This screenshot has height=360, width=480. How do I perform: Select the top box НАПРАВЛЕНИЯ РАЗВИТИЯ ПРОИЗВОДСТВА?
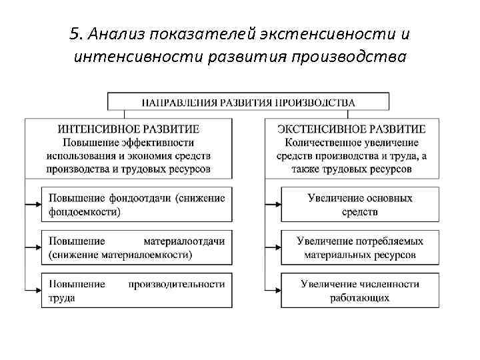point(248,102)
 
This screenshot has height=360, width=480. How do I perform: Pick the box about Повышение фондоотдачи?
point(137,204)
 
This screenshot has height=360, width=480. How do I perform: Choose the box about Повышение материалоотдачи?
point(137,247)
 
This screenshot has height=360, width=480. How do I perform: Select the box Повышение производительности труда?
point(137,291)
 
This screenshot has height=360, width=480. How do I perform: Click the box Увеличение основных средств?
point(360,204)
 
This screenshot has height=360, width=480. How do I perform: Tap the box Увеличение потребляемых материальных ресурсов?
point(360,247)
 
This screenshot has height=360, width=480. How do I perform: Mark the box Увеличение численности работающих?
point(360,291)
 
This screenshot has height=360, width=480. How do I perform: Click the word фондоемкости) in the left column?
point(85,211)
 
